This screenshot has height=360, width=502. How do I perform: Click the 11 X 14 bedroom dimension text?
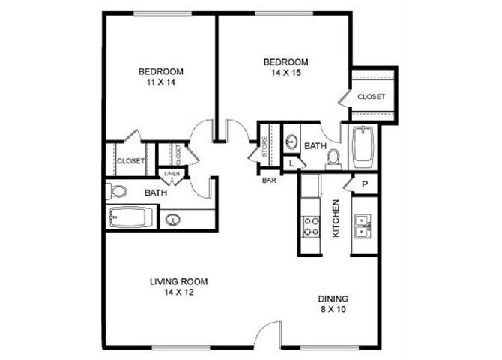coord(161,83)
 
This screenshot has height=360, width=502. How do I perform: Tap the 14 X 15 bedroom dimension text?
coord(285,73)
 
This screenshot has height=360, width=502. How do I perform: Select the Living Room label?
coord(178,281)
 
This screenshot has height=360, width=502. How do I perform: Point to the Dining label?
coord(331,298)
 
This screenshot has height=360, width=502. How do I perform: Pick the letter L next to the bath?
coord(291,163)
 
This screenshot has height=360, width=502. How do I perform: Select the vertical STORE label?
coord(264,148)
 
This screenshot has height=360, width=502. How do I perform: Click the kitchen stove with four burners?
coord(311,226)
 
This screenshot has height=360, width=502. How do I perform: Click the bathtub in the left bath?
coord(130,218)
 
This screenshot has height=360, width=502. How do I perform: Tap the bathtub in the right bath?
coord(362,148)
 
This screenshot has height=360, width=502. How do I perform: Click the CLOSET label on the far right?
coord(371,97)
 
